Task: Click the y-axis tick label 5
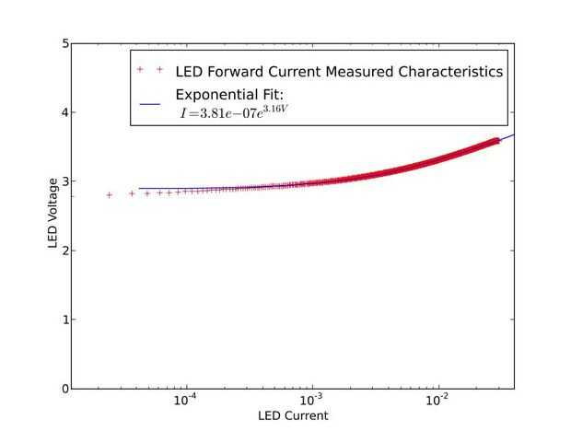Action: point(64,43)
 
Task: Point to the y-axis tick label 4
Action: point(64,112)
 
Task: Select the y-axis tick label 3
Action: point(64,181)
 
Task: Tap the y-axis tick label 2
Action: point(64,250)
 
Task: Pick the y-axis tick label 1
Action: point(64,320)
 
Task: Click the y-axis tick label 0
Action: point(64,389)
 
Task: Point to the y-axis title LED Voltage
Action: point(53,216)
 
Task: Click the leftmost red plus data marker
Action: point(110,195)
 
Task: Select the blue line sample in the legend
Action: point(151,104)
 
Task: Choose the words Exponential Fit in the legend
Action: point(230,95)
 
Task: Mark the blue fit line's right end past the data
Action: point(512,135)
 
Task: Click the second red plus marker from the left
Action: point(132,194)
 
